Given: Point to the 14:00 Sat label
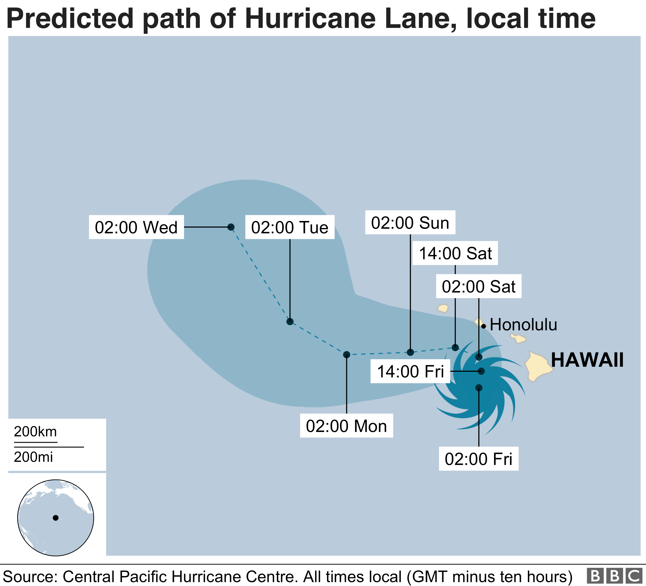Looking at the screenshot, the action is tap(455, 253).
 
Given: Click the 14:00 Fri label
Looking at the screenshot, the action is tap(410, 371).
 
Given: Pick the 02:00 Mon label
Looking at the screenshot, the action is tap(347, 426).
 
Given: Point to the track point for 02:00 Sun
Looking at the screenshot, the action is tap(410, 352).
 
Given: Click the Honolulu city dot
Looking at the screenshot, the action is tap(484, 326).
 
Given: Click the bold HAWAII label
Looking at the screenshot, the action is tap(587, 360).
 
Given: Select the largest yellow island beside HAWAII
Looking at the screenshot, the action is tap(538, 367).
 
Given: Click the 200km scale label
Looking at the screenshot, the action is tap(35, 432).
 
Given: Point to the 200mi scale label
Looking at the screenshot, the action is tap(33, 457).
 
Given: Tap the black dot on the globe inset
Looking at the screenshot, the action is tap(55, 518).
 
